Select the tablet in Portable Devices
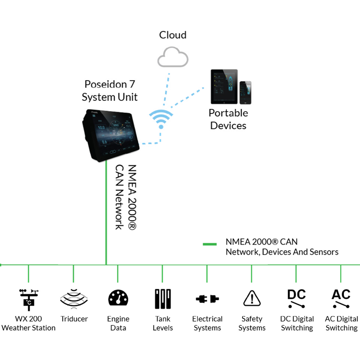click(x=224, y=86)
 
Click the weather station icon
click(x=28, y=299)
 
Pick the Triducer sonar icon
click(x=73, y=298)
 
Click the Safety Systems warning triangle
click(x=252, y=298)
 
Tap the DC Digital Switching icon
click(x=297, y=298)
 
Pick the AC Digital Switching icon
click(x=341, y=298)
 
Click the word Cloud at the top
click(x=173, y=35)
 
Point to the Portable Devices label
click(x=229, y=119)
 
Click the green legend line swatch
click(x=210, y=244)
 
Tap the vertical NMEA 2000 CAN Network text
click(x=126, y=197)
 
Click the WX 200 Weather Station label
click(x=28, y=324)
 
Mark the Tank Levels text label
click(x=162, y=324)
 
